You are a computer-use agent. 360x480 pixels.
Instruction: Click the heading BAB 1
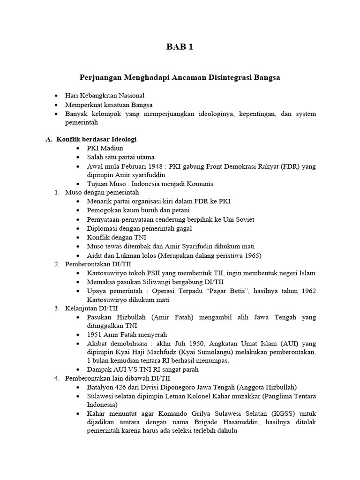point(180,47)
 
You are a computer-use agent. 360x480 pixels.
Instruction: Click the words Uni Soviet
point(239,219)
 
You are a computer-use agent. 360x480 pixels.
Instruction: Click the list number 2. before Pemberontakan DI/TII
point(57,264)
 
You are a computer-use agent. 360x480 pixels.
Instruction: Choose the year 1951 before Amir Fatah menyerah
point(95,335)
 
